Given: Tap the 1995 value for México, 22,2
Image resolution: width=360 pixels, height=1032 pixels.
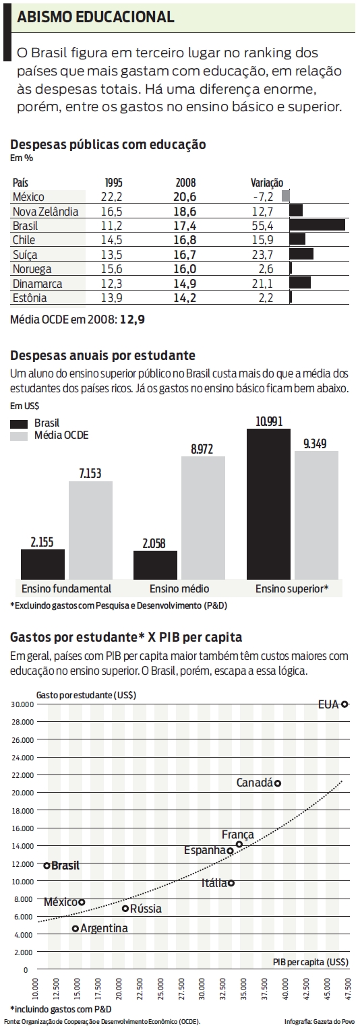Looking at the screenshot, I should pyautogui.click(x=113, y=196).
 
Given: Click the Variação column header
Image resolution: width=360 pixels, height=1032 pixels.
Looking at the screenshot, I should pyautogui.click(x=267, y=182).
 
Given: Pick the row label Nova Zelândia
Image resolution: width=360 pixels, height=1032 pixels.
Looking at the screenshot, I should pyautogui.click(x=45, y=211).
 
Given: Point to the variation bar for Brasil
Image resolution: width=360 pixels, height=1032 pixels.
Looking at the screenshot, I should pyautogui.click(x=317, y=225).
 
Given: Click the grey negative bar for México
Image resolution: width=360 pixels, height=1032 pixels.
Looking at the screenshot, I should pyautogui.click(x=286, y=196).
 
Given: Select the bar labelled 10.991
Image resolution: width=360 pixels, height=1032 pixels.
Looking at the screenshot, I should pyautogui.click(x=268, y=504).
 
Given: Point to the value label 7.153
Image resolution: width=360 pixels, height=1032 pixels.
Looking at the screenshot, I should pyautogui.click(x=90, y=473).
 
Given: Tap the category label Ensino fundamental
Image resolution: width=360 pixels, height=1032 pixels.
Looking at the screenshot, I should pyautogui.click(x=66, y=588).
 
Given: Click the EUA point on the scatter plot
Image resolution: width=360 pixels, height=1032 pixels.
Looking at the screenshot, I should pyautogui.click(x=344, y=704).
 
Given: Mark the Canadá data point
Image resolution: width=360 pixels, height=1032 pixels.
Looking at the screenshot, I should pyautogui.click(x=277, y=783).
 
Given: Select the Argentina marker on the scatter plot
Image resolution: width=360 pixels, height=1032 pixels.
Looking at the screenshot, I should pyautogui.click(x=76, y=928).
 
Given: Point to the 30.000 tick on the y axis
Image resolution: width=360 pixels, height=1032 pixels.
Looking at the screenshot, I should pyautogui.click(x=22, y=704).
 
